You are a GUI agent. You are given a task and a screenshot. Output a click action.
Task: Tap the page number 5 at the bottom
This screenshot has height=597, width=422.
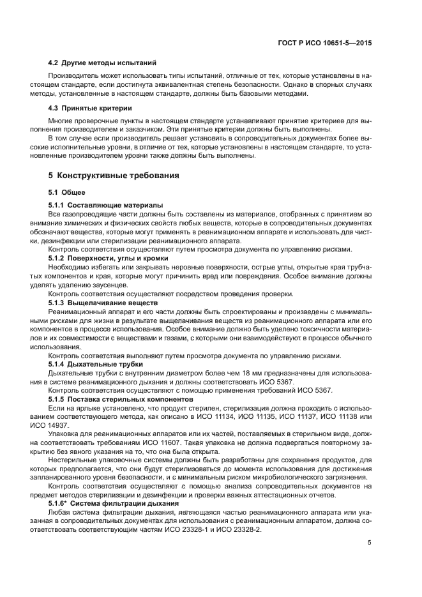coord(370,543)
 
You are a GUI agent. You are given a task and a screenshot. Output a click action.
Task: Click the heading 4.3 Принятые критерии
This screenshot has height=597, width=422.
coord(91,107)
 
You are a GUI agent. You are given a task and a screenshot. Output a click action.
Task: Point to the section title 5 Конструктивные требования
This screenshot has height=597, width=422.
coord(114,174)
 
